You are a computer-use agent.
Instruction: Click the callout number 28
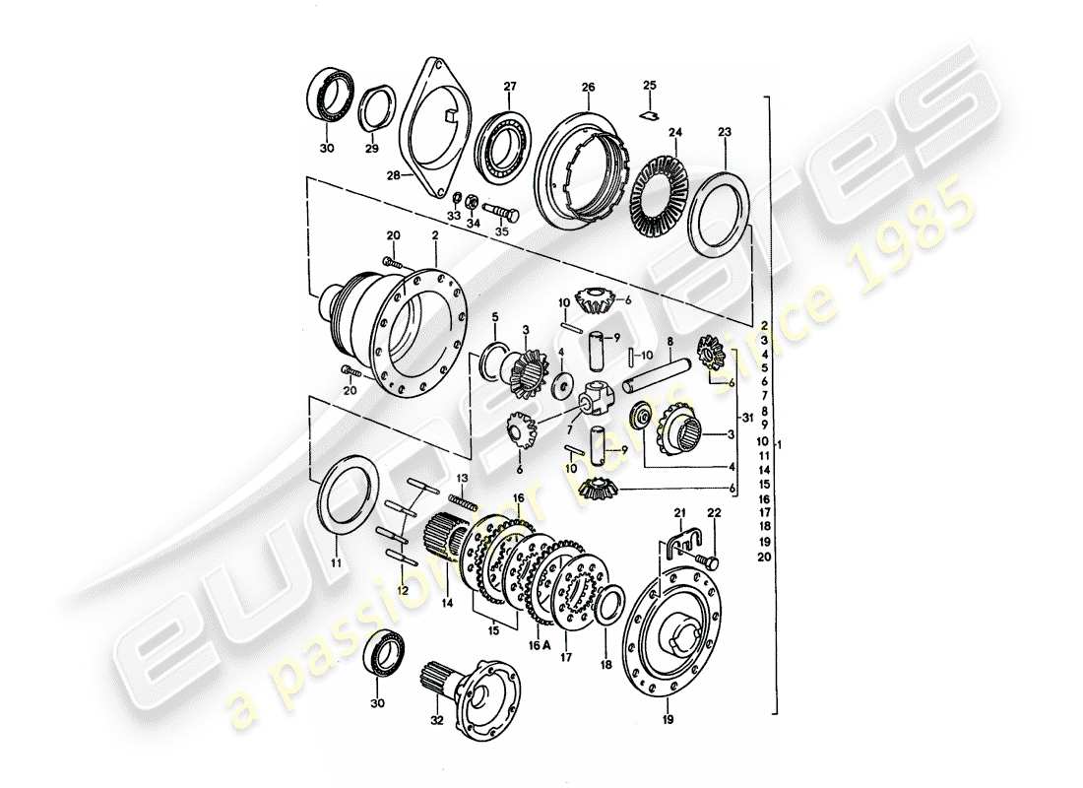click(x=393, y=175)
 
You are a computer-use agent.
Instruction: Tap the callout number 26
click(x=588, y=88)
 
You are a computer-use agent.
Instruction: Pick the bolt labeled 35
click(x=502, y=211)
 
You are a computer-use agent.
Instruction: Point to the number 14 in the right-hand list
click(x=765, y=471)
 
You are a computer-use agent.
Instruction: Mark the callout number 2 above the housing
click(x=433, y=237)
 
